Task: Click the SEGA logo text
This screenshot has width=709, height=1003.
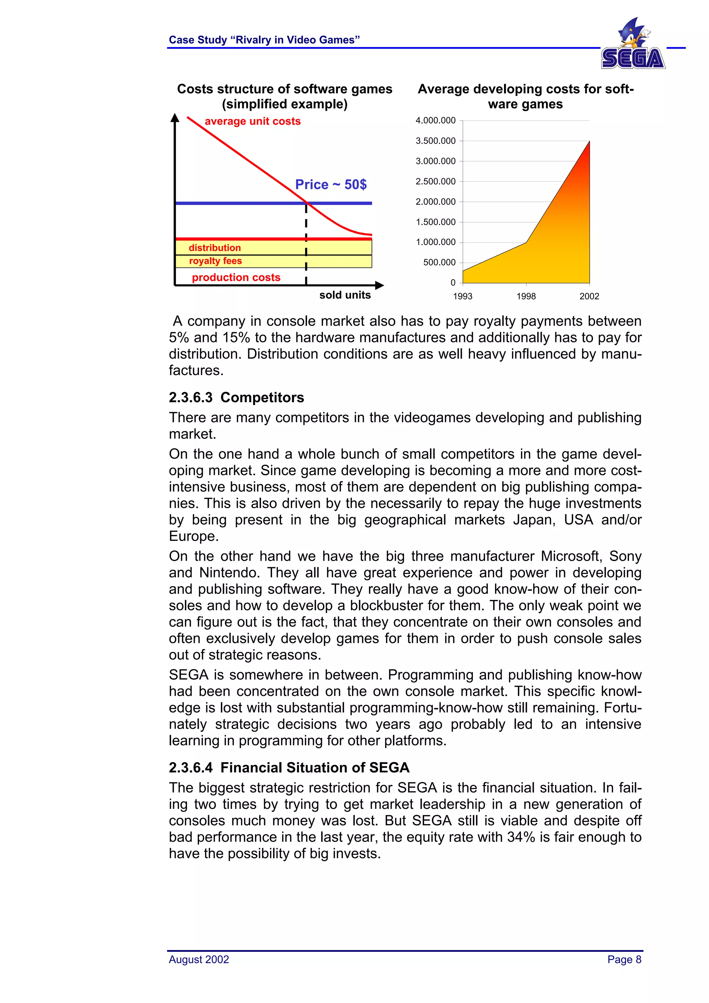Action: tap(632, 58)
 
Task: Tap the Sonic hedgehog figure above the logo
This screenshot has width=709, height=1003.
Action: tap(634, 33)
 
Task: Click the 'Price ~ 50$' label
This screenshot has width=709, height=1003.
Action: tap(331, 184)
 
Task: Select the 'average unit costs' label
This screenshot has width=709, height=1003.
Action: tap(252, 121)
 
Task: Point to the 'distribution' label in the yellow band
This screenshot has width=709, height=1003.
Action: tap(215, 248)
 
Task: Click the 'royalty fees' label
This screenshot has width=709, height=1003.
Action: tap(215, 261)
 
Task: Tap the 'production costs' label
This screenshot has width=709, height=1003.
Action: tap(236, 277)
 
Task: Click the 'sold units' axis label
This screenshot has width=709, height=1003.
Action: tap(345, 295)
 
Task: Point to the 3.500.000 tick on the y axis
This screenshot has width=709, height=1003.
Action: tap(435, 141)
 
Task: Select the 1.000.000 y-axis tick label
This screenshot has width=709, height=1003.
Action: tap(435, 242)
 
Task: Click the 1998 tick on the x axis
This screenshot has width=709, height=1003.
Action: tap(526, 296)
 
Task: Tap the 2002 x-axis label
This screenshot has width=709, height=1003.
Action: tap(589, 296)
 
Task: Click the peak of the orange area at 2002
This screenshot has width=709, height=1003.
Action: tap(589, 142)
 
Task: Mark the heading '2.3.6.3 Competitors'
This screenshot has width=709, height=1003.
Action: tap(236, 398)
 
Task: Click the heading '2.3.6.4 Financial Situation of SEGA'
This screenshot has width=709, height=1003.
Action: tap(289, 768)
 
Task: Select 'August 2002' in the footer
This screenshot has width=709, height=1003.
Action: tap(199, 959)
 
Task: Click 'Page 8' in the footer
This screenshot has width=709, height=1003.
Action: tap(624, 959)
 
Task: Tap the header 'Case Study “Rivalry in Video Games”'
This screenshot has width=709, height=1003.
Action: tap(264, 40)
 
